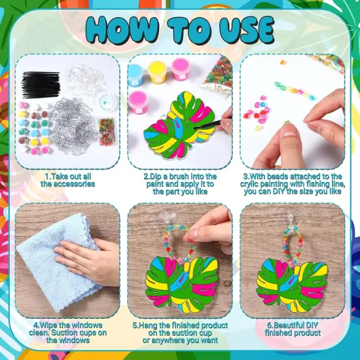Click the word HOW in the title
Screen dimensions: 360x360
[120, 30]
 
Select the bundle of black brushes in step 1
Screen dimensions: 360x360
[41, 85]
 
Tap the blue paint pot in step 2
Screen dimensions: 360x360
[135, 74]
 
